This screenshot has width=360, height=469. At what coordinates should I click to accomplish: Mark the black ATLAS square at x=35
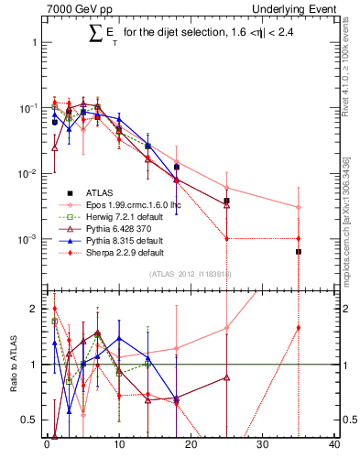tap(298, 251)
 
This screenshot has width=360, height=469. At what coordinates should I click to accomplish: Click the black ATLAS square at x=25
tap(226, 201)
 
